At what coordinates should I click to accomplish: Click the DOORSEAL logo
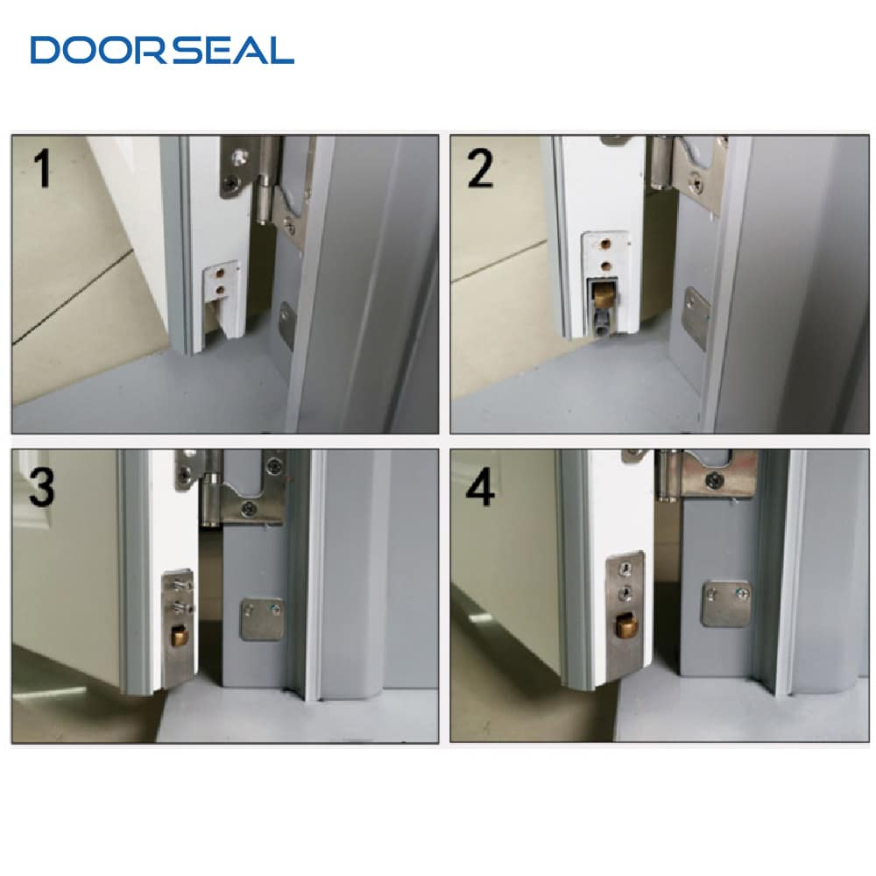click(162, 50)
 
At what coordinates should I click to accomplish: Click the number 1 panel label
click(42, 167)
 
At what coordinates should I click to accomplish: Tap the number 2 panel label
click(480, 168)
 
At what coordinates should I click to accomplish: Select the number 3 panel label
click(41, 487)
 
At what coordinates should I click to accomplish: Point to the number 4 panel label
click(480, 487)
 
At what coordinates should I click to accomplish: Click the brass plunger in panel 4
click(626, 625)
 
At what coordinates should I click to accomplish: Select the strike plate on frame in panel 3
click(263, 619)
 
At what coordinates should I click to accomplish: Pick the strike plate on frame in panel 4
click(726, 604)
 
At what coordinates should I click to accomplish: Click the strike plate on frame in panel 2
click(696, 318)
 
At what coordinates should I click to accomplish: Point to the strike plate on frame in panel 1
click(286, 326)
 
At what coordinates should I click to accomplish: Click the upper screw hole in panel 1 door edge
click(220, 273)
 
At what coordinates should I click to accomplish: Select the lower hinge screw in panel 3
click(249, 508)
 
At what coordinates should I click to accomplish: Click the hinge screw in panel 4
click(715, 479)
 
